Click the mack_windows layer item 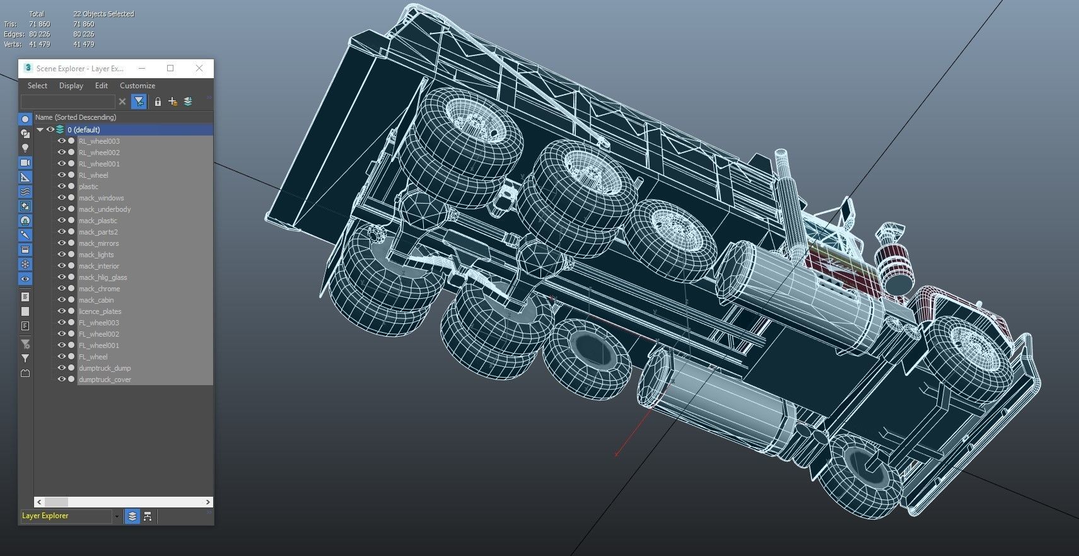[101, 198]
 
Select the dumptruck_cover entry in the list [105, 379]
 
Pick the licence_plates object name [100, 311]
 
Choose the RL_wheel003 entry [99, 141]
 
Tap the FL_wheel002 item [99, 334]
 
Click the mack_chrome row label [99, 289]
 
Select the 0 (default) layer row [83, 129]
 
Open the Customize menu [137, 86]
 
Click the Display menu [71, 86]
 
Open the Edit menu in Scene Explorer [101, 86]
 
